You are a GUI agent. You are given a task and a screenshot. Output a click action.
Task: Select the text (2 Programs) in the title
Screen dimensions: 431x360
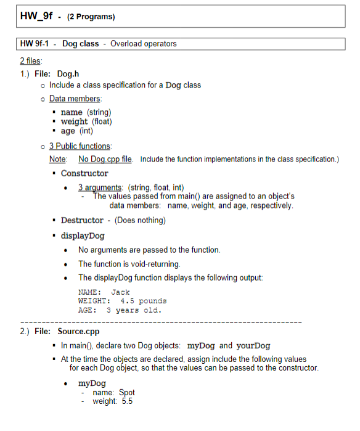pos(92,17)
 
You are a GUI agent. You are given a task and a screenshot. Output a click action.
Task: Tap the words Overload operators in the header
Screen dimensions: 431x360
pos(143,44)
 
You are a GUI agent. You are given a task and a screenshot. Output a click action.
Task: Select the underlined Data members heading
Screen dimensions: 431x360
pos(75,99)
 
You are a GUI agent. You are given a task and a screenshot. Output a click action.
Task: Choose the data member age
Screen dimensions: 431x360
pos(68,131)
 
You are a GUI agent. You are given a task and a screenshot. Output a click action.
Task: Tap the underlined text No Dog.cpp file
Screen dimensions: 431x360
pos(101,160)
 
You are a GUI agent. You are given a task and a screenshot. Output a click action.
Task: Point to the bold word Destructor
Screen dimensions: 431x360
pos(83,220)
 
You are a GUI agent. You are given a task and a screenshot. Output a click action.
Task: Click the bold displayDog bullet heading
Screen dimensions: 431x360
pos(83,236)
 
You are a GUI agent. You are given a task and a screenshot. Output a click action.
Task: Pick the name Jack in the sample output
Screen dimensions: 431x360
pos(120,292)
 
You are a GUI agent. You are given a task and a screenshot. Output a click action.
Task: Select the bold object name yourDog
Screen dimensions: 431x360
pos(252,345)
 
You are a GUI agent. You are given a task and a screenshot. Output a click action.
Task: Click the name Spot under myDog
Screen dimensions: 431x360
pos(126,392)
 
